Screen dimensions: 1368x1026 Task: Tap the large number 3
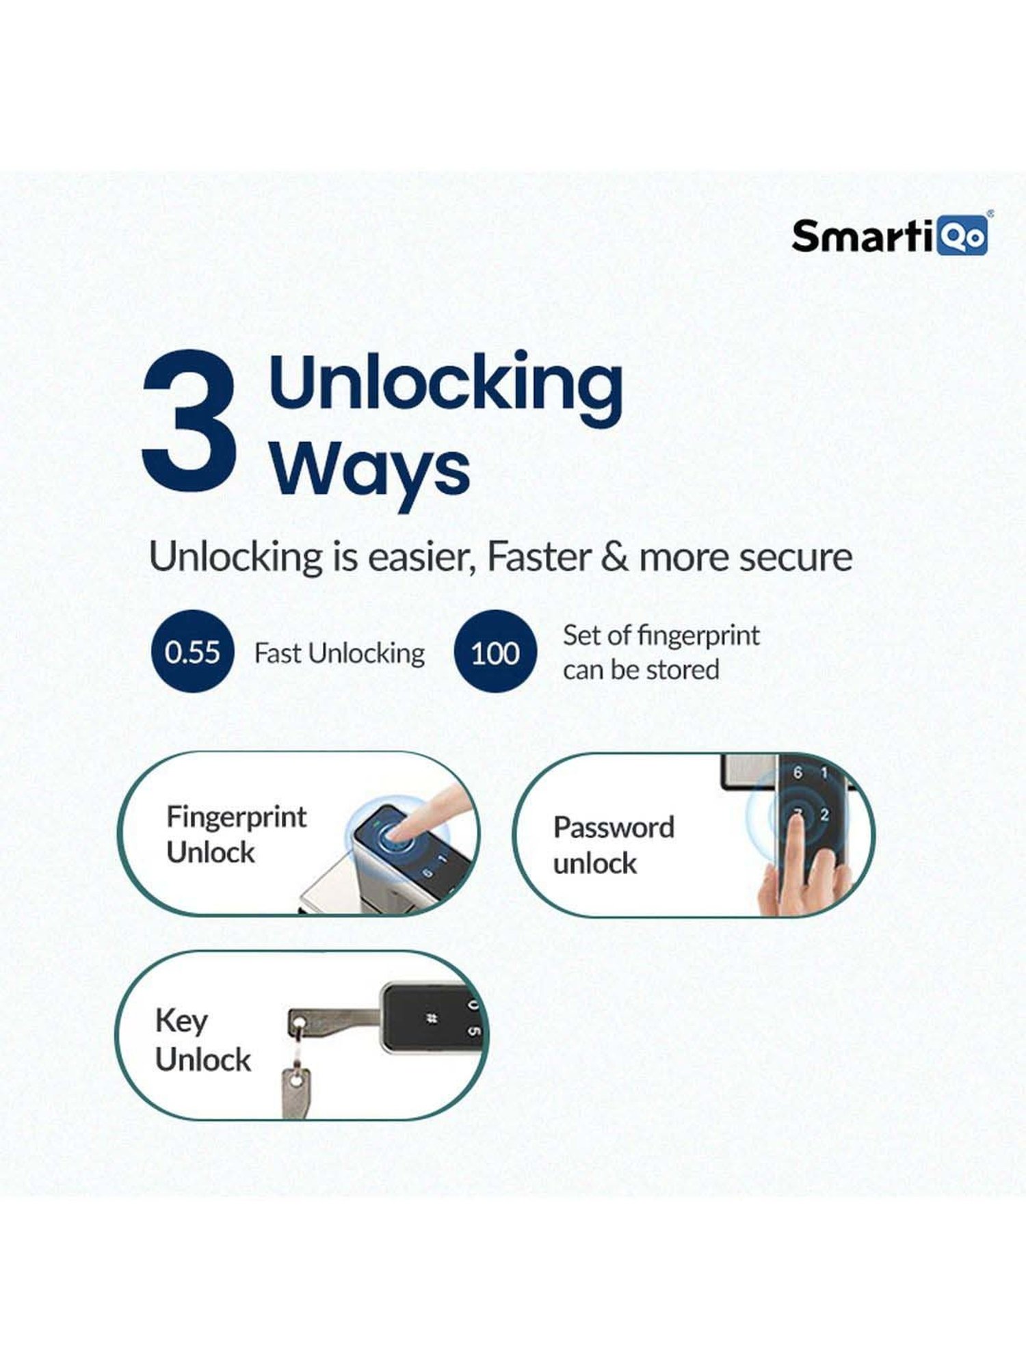point(189,420)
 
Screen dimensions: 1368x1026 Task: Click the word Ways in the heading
point(370,472)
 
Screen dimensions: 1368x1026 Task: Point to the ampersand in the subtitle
point(614,557)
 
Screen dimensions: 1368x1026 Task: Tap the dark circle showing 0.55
point(192,652)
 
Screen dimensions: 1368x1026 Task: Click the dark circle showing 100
point(495,652)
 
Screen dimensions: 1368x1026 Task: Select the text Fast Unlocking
point(339,654)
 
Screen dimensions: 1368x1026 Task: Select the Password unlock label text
point(613,845)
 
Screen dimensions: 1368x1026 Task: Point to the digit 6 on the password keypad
point(798,773)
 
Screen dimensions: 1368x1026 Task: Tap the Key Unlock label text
point(202,1040)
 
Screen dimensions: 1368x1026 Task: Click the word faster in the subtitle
point(538,557)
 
